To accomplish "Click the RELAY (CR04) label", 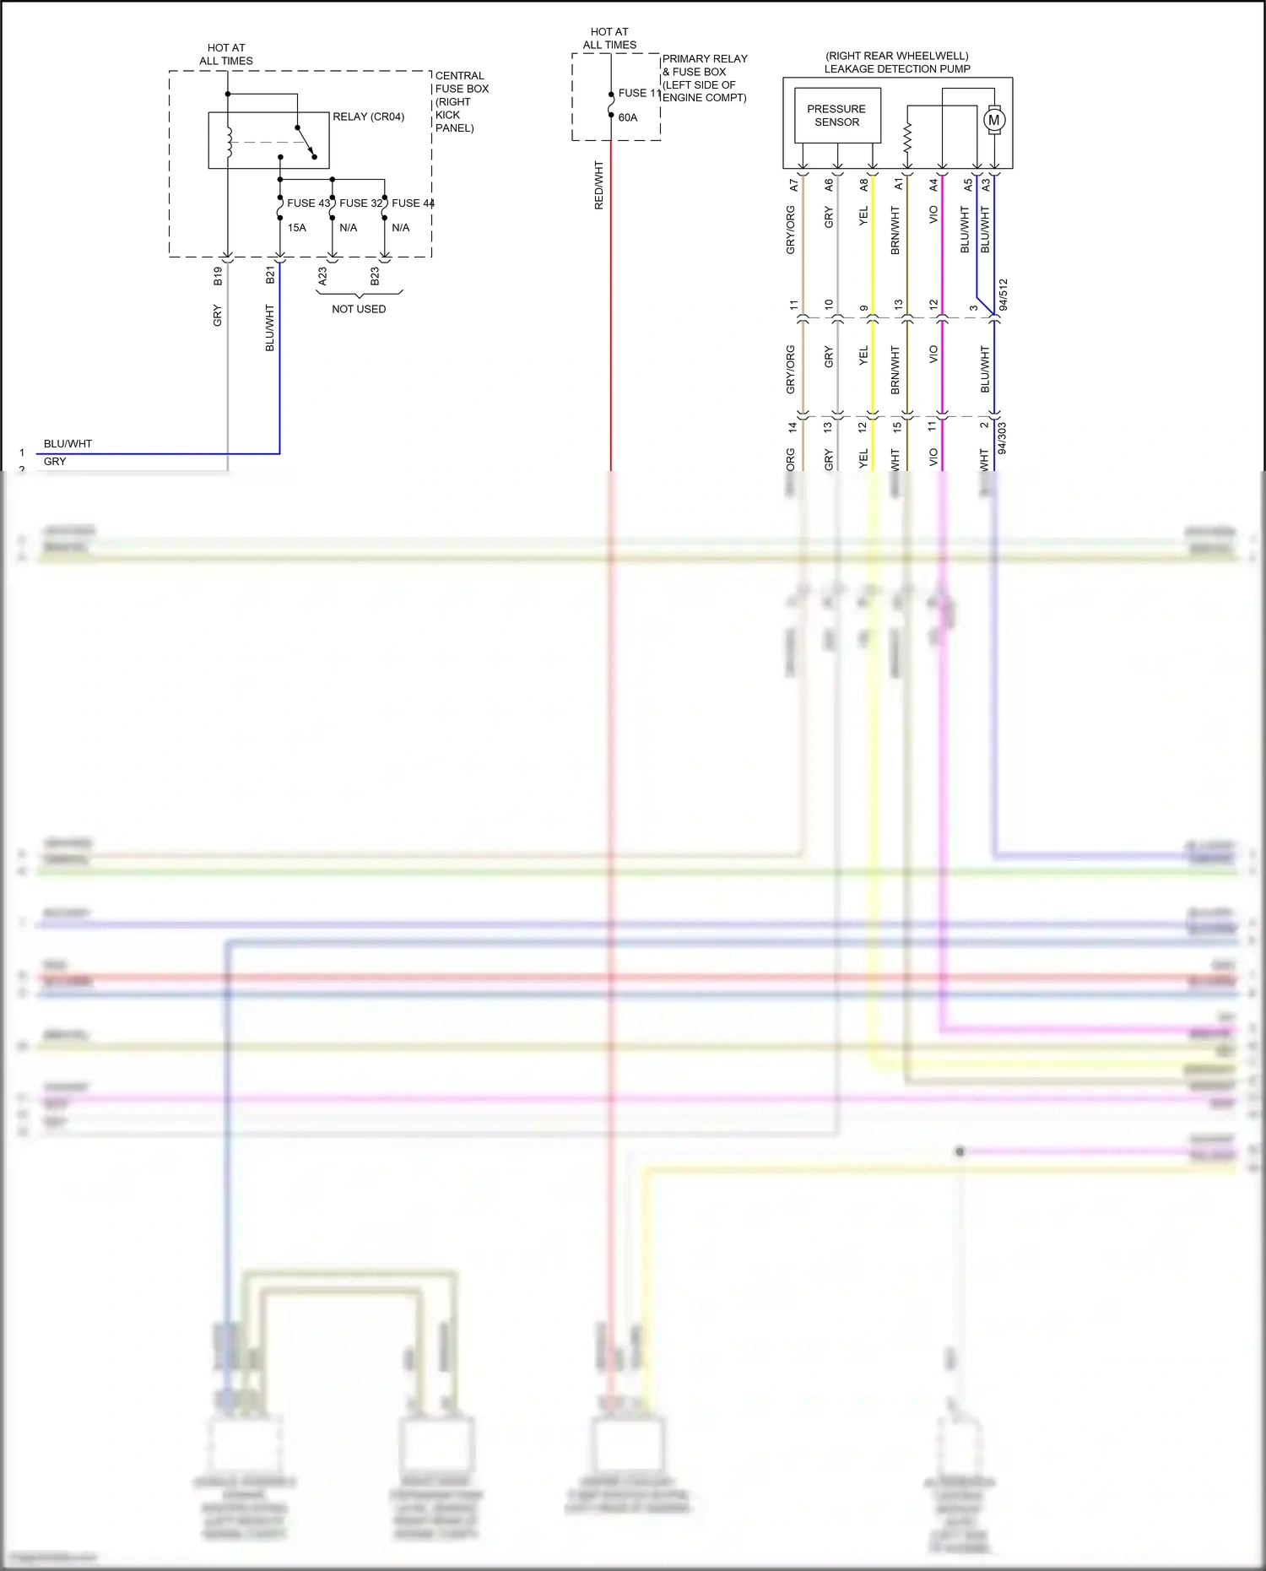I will [368, 116].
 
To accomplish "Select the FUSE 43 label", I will [308, 203].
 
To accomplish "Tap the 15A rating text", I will [296, 228].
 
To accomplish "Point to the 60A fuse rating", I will [627, 117].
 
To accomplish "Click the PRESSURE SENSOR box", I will [836, 116].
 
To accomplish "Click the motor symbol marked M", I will [994, 120].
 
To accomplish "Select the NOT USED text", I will [359, 309].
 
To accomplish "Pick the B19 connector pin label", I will [218, 276].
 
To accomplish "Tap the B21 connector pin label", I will [270, 275].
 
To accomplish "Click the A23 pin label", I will [322, 276].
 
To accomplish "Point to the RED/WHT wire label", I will [598, 186].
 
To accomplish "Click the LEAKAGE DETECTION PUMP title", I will [897, 69].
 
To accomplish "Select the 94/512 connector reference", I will [1004, 295].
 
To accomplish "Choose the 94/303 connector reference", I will [1003, 439].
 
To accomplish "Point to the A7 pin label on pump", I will [793, 184].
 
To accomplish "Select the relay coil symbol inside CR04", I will [229, 142].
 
